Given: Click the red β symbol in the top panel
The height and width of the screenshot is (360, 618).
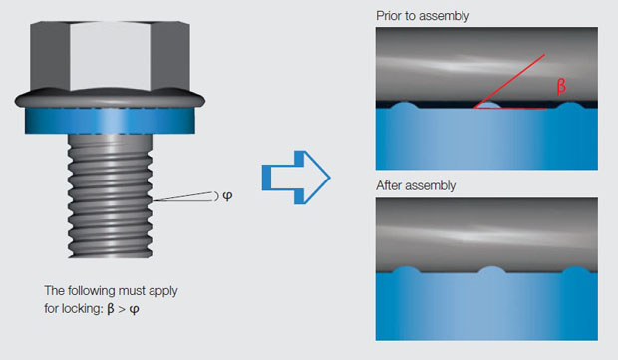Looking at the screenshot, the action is pos(561,86).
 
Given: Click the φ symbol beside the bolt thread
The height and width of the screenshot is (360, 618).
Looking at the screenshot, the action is pos(227,196).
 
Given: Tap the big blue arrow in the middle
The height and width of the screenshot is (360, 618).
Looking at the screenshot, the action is pos(296,178).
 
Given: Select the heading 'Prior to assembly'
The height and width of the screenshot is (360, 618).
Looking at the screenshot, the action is pos(423,16).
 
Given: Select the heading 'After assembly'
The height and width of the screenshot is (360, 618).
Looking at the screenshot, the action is pos(416,185).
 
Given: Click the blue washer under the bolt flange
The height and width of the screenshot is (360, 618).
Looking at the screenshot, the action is pos(110,121).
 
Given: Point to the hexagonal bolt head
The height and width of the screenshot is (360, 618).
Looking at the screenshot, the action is pos(110,56).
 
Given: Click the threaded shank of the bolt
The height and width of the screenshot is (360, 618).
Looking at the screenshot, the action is pos(110,196).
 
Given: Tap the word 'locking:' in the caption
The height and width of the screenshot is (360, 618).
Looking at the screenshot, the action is pos(81,308).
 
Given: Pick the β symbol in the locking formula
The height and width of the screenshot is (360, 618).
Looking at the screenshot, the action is pos(111,309).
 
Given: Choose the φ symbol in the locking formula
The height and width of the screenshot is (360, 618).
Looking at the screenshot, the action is pos(134,309).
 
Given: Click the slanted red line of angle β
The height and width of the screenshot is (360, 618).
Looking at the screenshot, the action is pos(509,81).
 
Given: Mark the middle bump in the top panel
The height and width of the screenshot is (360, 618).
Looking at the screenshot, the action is pos(488,105).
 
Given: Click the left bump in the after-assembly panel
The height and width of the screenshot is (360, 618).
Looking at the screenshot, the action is pos(406,270).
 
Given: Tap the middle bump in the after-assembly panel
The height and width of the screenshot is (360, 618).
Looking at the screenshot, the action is pos(491,270).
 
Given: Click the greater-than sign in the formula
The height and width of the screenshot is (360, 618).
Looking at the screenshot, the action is pos(122,309).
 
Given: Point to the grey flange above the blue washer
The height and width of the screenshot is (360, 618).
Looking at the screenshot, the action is pos(110,99).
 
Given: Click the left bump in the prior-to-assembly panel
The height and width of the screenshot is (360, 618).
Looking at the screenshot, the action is pos(404,106).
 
